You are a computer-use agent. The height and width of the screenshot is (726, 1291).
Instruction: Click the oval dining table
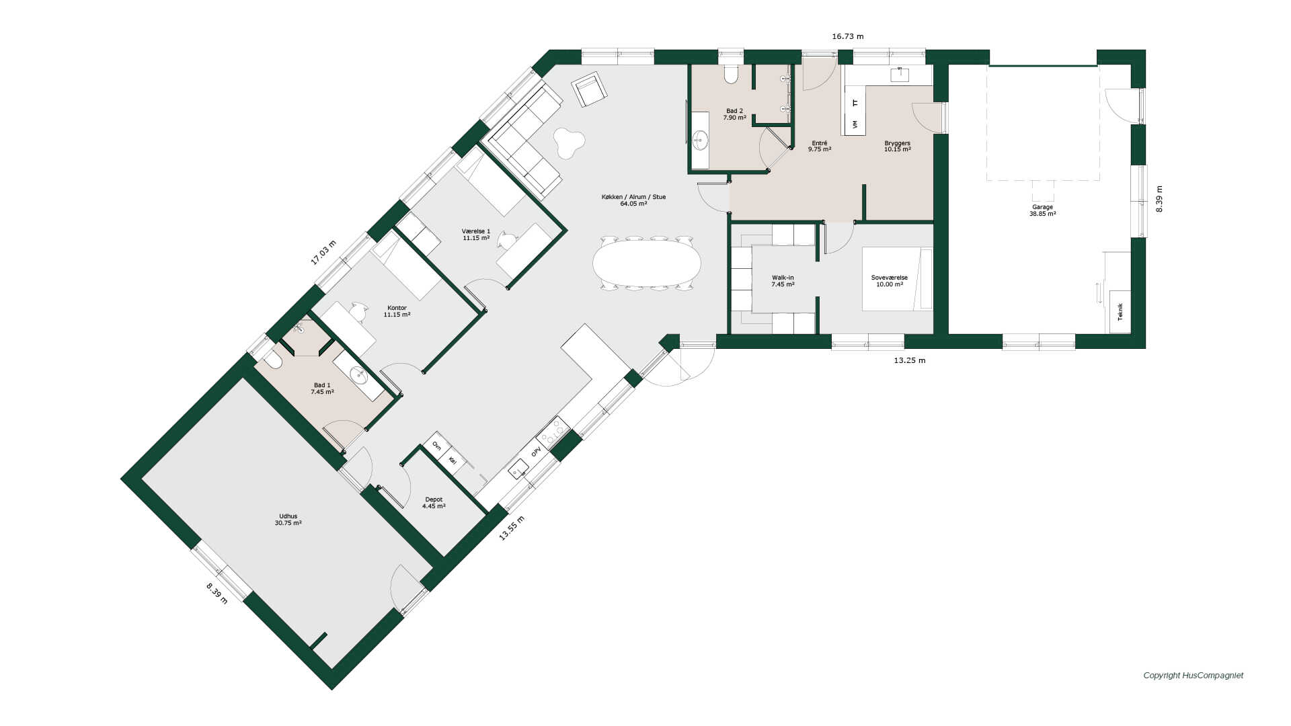point(646,263)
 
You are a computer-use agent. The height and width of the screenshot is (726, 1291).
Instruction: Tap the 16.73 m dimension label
point(847,36)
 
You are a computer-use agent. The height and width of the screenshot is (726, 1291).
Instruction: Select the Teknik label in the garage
point(1120,312)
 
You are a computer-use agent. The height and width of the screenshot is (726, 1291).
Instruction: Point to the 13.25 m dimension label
point(909,360)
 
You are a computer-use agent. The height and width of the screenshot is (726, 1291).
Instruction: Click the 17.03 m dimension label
point(323,253)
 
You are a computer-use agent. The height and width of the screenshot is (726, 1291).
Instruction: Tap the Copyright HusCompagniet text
point(1193,676)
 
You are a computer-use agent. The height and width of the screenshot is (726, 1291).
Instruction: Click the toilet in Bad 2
point(731,73)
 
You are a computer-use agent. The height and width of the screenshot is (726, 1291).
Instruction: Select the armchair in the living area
point(589,89)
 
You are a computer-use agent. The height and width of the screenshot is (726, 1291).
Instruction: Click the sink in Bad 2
point(701,140)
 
